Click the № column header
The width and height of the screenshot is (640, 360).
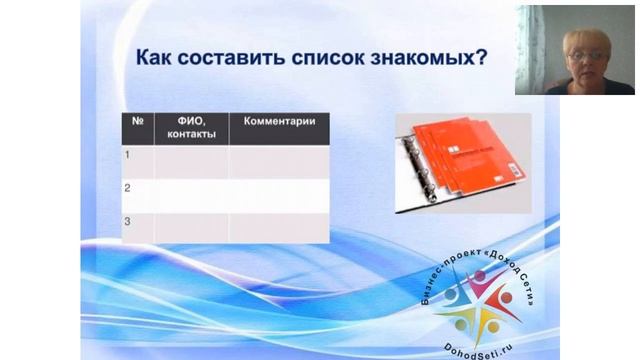point(136,122)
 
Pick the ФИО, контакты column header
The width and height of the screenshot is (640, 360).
point(191,128)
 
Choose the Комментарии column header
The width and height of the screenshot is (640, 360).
point(278,122)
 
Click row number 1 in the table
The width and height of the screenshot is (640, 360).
point(128,155)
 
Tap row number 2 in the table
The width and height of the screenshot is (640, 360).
point(128,188)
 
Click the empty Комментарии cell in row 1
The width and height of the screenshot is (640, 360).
point(278,162)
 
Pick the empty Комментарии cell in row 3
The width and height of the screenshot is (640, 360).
point(278,227)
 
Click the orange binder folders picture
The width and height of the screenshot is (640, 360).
point(466,160)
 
